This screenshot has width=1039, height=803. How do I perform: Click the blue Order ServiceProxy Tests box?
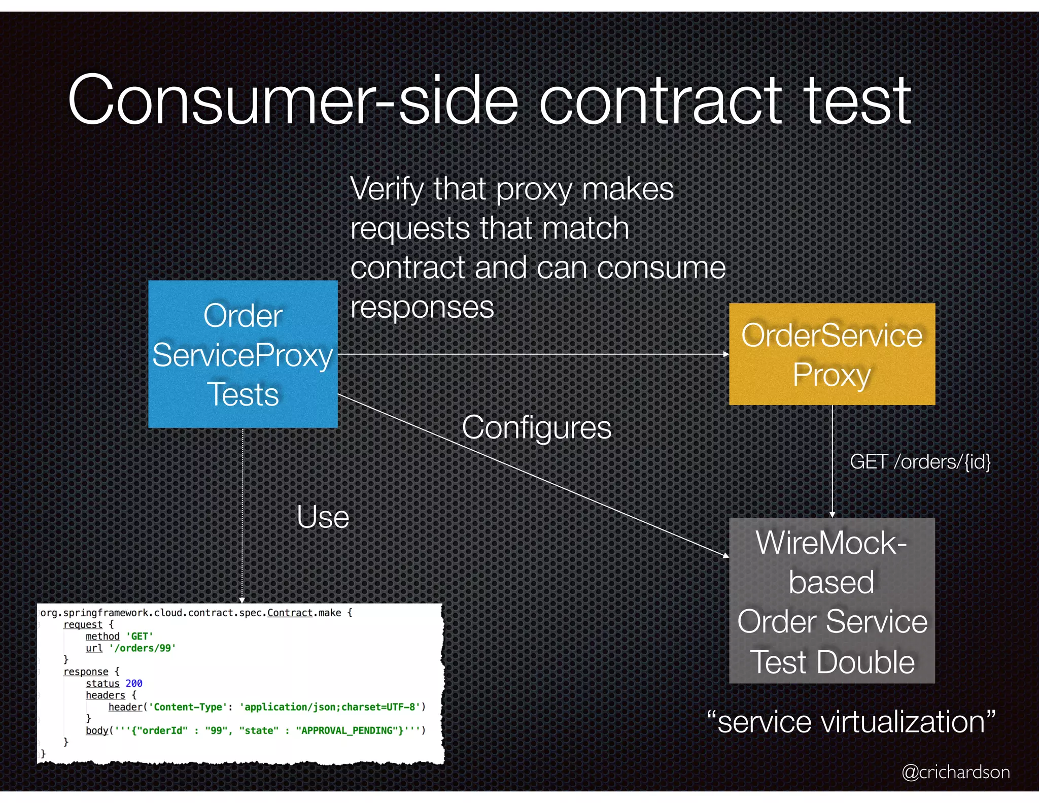click(243, 354)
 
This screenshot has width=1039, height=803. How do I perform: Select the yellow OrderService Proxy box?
click(832, 354)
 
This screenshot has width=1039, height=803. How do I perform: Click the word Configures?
click(536, 427)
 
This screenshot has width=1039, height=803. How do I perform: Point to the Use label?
click(323, 517)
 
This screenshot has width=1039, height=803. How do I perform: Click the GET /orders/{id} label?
click(920, 462)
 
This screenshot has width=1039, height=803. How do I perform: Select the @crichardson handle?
click(955, 772)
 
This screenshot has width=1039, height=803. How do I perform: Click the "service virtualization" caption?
click(851, 722)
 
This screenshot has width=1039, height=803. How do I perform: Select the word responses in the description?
click(422, 307)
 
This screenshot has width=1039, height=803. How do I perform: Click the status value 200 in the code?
click(134, 683)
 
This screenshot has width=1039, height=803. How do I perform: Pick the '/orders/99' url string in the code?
click(143, 648)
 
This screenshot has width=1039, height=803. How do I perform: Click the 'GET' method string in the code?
click(140, 637)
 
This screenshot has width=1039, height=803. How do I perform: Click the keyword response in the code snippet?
click(86, 672)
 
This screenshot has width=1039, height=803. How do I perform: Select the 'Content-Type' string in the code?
click(188, 707)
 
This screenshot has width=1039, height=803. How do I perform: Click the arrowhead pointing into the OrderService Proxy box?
click(726, 354)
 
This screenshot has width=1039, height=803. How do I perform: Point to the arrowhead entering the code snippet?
click(242, 600)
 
